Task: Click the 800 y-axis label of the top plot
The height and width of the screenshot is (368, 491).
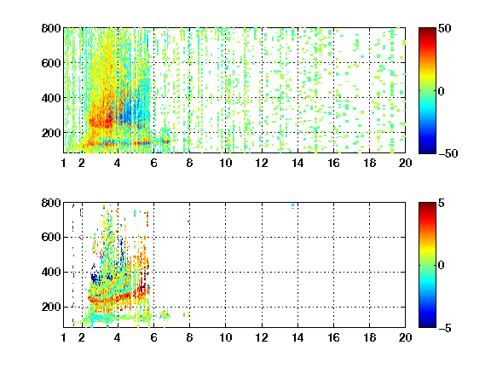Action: [51, 28]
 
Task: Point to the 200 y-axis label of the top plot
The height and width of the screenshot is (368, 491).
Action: [51, 133]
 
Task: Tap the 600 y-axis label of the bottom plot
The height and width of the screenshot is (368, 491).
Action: [51, 237]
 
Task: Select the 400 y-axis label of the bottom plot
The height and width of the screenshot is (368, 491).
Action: [51, 272]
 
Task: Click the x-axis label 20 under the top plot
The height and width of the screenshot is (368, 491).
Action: [405, 163]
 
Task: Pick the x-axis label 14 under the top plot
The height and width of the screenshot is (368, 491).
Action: [297, 163]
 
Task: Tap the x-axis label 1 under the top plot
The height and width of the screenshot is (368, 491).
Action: [64, 163]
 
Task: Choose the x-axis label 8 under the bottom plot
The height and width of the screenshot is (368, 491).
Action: [189, 337]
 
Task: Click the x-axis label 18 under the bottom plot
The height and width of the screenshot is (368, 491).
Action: [369, 337]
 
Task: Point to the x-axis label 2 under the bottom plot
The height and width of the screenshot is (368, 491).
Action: [82, 337]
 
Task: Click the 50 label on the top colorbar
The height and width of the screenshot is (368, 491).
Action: [444, 28]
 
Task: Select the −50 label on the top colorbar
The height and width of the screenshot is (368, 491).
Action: [448, 153]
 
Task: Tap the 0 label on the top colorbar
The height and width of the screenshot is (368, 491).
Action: [441, 91]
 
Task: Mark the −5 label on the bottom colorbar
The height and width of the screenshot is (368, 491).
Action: [444, 328]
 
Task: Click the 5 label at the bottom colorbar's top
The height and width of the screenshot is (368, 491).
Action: [441, 203]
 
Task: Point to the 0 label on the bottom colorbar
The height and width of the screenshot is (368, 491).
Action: [441, 266]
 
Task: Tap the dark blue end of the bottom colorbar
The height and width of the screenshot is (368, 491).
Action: [427, 325]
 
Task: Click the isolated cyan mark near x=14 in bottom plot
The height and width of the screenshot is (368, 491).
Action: [292, 206]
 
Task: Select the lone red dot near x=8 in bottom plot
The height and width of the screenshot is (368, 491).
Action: [188, 221]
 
